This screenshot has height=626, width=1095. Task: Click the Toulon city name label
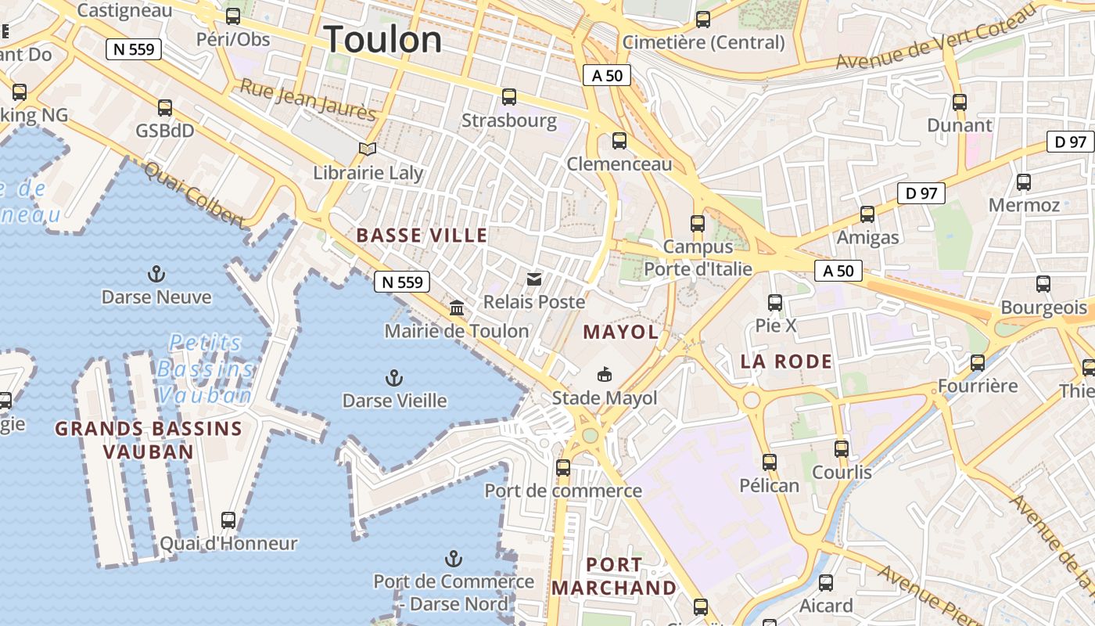coord(383,39)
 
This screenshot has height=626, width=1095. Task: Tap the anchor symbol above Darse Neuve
coord(156,274)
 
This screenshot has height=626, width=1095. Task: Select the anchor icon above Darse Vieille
coord(394,379)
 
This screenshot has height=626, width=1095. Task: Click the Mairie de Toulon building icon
coord(457,308)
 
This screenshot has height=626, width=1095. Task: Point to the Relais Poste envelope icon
coord(534,279)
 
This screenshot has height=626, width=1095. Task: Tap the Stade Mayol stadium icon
coord(605,375)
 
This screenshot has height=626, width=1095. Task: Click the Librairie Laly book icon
coord(368,149)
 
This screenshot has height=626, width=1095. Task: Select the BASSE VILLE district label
coord(422,236)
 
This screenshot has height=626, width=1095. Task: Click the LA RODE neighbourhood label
coord(786,362)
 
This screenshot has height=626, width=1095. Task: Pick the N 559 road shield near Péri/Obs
coord(134,50)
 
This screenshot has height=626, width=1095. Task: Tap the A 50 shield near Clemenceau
coord(606,75)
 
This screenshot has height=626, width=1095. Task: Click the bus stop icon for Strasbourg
coord(509,97)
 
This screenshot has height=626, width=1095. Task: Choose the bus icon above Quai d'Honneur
coord(228,520)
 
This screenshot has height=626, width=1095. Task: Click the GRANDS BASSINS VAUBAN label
coord(149,440)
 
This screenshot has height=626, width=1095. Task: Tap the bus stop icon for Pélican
coord(770,462)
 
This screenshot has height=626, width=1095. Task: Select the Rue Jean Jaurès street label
coord(308,99)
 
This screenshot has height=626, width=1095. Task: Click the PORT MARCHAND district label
coord(614,576)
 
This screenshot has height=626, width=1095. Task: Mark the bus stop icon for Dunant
coord(960,102)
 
